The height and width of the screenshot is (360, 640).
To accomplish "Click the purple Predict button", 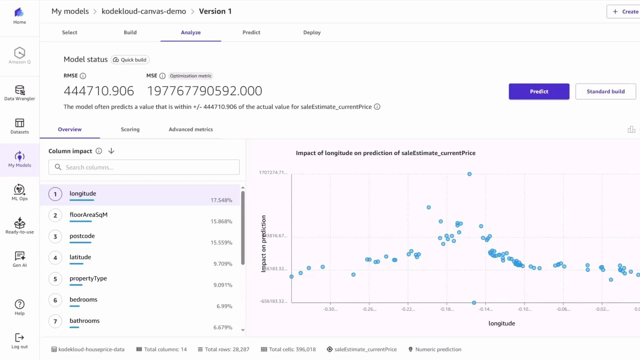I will pyautogui.click(x=539, y=91).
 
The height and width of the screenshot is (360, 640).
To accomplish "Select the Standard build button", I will pyautogui.click(x=605, y=91).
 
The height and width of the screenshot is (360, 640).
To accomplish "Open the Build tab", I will pyautogui.click(x=130, y=32).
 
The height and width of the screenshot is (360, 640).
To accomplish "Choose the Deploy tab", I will pyautogui.click(x=312, y=32).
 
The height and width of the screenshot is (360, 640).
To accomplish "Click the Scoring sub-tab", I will pyautogui.click(x=130, y=129).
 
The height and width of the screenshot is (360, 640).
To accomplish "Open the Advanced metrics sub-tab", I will pyautogui.click(x=191, y=129).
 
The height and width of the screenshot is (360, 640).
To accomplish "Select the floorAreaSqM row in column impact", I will pyautogui.click(x=89, y=215).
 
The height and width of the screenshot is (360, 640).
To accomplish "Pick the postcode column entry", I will pyautogui.click(x=82, y=236).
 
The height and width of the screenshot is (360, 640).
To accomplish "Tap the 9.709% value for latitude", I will pyautogui.click(x=223, y=264).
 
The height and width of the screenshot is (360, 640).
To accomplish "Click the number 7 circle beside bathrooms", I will pyautogui.click(x=55, y=321).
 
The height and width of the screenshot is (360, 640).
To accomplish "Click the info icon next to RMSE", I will pyautogui.click(x=83, y=76).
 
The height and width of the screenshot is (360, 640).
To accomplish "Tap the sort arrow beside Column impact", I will pyautogui.click(x=111, y=151).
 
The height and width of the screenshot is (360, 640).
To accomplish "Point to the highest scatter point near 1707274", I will pyautogui.click(x=469, y=174).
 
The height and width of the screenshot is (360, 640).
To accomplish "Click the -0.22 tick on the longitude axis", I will pyautogui.click(x=408, y=309).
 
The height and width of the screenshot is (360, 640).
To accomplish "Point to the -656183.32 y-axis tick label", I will pyautogui.click(x=273, y=301).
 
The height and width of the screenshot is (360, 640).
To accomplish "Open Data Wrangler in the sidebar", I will pyautogui.click(x=20, y=93).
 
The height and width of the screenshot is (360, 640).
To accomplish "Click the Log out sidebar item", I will pyautogui.click(x=20, y=341).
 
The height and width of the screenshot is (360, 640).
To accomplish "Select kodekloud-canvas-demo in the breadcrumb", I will pyautogui.click(x=144, y=11).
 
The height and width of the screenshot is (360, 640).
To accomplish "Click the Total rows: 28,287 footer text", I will pyautogui.click(x=227, y=349).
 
